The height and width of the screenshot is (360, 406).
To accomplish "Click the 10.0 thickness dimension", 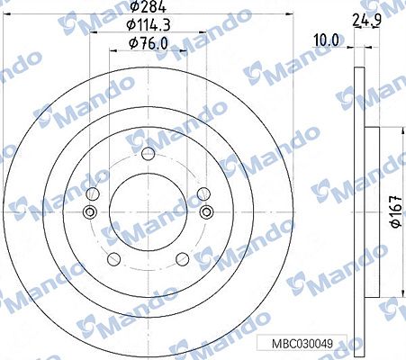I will coord(325,39).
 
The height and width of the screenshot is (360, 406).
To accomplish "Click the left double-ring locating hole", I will coord(89,212).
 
